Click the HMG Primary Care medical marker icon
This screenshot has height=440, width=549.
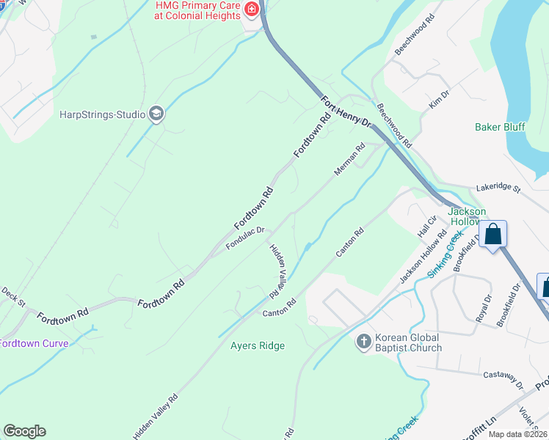tap(252, 10)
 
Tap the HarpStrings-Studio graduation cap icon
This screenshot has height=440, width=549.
tap(156, 114)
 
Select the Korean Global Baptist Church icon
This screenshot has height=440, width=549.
tap(363, 342)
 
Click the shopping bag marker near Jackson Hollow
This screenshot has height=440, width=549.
tap(493, 235)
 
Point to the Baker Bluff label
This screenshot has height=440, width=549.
tap(500, 127)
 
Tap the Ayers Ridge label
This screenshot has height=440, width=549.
tap(257, 345)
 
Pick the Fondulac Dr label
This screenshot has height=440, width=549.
tap(244, 238)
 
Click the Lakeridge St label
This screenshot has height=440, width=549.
tap(498, 188)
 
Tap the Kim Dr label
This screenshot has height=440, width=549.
tap(438, 101)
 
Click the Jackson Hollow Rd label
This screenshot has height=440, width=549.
tap(423, 259)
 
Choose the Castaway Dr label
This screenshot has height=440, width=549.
tap(503, 378)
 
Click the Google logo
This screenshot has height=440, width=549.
tap(24, 431)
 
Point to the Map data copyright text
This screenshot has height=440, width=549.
tap(517, 434)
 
